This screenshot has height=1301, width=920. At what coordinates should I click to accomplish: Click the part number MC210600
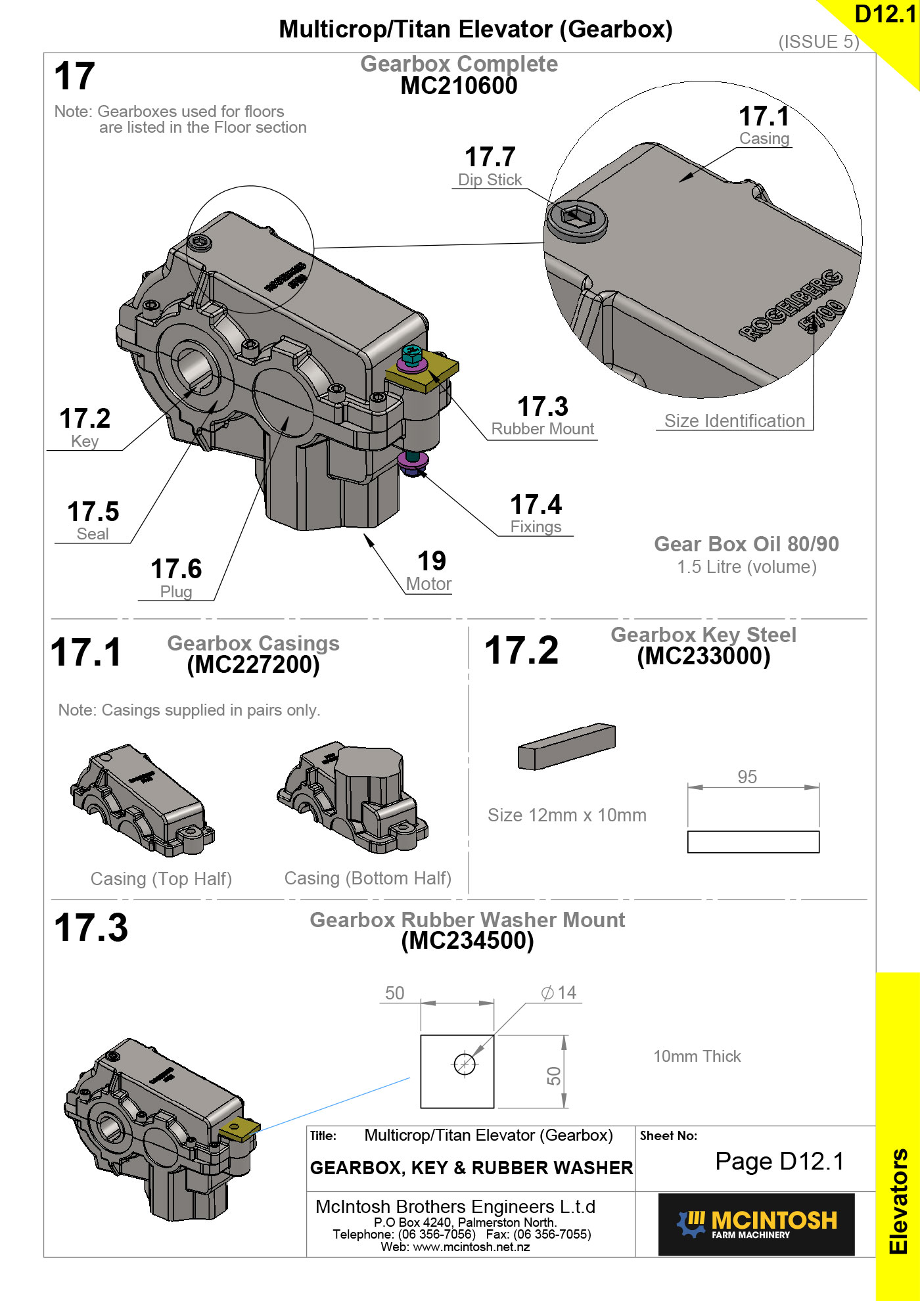click(x=459, y=86)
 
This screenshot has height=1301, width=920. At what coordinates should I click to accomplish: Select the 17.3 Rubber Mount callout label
click(x=543, y=416)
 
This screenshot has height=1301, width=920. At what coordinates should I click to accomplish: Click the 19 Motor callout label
click(x=430, y=571)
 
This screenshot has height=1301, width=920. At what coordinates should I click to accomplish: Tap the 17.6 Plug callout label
click(x=176, y=578)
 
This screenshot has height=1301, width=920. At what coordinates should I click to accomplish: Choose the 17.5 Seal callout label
click(x=93, y=521)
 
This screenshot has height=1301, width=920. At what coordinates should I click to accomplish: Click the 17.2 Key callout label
click(x=85, y=428)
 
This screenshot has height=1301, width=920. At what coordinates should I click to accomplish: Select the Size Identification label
click(x=734, y=421)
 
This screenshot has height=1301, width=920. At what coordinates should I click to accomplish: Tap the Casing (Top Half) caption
click(x=161, y=879)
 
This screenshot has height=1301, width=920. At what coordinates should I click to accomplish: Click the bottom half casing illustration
click(x=354, y=798)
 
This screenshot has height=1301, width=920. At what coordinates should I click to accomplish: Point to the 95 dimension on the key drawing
click(x=747, y=777)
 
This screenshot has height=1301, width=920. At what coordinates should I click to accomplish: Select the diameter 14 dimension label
click(x=559, y=992)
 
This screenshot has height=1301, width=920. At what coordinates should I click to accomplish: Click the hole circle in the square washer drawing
click(x=465, y=1064)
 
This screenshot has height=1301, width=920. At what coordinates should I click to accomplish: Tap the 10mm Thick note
click(x=697, y=1056)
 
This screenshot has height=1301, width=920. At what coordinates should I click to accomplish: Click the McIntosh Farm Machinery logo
click(x=756, y=1224)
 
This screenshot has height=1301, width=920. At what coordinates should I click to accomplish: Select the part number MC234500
click(x=467, y=941)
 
